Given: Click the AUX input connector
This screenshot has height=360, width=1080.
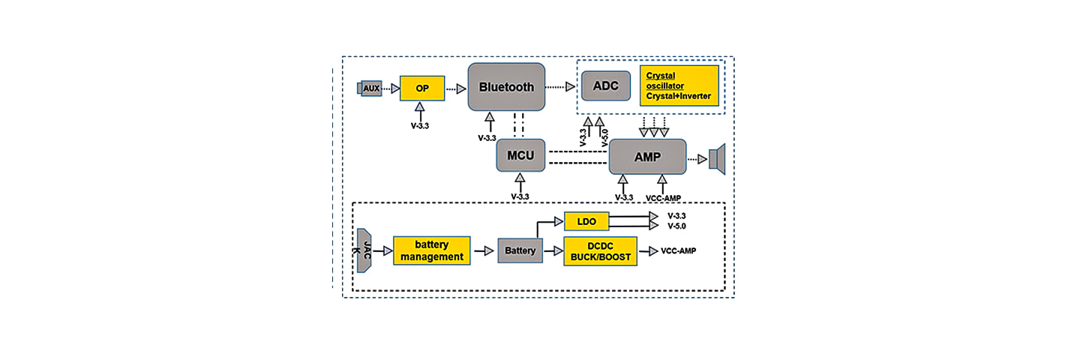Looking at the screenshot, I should (x=370, y=88).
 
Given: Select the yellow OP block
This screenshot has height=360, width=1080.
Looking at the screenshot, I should (x=422, y=88).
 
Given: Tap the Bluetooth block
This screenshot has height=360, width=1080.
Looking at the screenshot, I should (x=506, y=87).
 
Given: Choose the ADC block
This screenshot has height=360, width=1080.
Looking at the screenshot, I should (x=605, y=86).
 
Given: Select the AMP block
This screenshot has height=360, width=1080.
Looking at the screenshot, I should (x=647, y=157).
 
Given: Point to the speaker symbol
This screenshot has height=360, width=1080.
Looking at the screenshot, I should (x=718, y=158).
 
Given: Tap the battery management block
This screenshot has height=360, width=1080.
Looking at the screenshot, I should (x=432, y=250).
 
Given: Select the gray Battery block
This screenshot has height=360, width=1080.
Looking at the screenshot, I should (x=520, y=250).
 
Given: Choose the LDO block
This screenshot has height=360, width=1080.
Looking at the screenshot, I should (x=586, y=221).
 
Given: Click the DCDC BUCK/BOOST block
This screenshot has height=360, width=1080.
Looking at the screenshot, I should (x=600, y=250).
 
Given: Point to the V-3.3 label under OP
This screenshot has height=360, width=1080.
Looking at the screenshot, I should (x=420, y=126).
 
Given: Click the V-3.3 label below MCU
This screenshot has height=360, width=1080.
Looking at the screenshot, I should (x=520, y=196).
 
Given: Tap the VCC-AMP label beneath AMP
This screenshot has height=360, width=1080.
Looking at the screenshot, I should (x=663, y=197).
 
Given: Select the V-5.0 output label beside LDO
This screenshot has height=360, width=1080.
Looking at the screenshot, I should (x=676, y=226).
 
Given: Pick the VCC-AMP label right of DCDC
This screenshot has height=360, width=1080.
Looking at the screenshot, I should (x=678, y=250).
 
